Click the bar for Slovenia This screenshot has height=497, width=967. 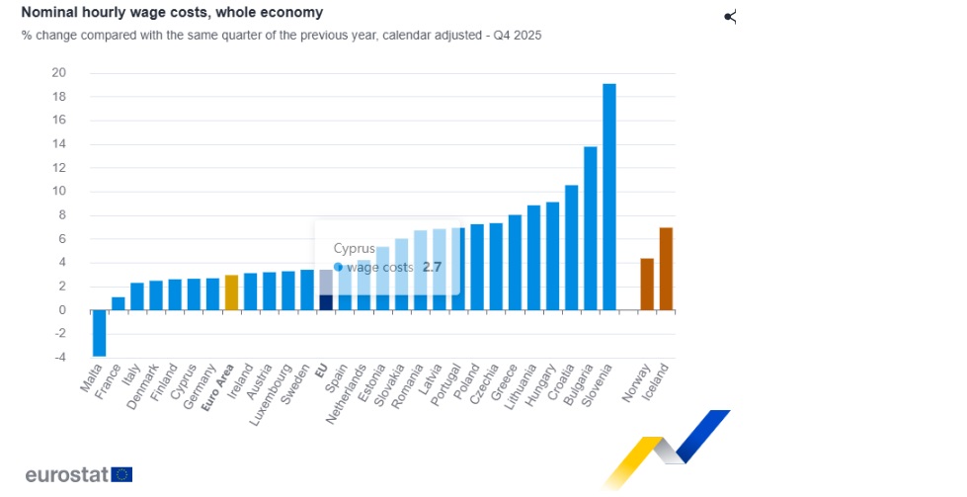tap(609, 198)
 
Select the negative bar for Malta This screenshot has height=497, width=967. tap(99, 333)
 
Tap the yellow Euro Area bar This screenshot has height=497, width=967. tap(231, 292)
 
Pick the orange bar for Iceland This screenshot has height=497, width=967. tap(666, 269)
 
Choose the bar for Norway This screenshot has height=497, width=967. tap(647, 285)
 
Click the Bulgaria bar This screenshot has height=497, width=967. tap(591, 228)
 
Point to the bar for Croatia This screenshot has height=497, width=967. tap(571, 247)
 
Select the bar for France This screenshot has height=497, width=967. tap(119, 303)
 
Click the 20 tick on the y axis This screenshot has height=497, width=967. tap(59, 73)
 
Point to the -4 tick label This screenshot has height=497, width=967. tap(59, 358)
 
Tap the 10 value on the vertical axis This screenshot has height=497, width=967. tap(59, 192)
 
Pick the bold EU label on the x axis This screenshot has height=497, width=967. tap(321, 372)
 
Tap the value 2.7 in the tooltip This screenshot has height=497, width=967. tap(432, 268)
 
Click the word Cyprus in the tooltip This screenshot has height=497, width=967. tap(354, 248)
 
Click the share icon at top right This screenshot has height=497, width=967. tap(730, 17)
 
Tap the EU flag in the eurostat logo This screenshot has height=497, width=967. tap(121, 474)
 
